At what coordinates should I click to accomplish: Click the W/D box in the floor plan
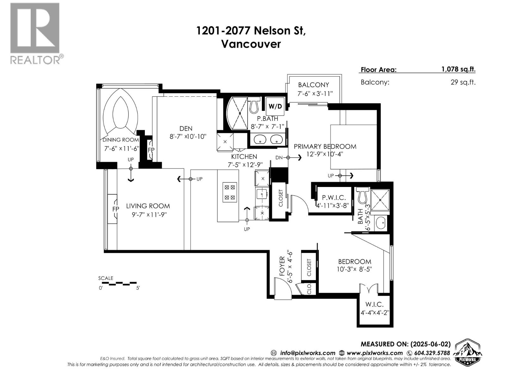(x=275, y=106)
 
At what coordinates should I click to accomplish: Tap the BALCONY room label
(x=313, y=85)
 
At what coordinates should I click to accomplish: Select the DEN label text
(x=186, y=128)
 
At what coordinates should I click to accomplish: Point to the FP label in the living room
(x=116, y=209)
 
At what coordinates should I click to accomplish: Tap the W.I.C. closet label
(x=374, y=304)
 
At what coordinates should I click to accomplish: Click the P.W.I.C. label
(x=334, y=198)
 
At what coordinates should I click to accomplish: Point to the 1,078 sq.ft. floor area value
(x=458, y=69)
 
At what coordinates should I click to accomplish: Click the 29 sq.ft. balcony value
(x=463, y=82)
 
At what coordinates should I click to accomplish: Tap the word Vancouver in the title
(x=250, y=44)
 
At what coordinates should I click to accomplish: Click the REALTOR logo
(x=35, y=33)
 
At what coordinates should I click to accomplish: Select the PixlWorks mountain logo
(x=468, y=353)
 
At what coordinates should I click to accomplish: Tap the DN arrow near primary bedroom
(x=288, y=158)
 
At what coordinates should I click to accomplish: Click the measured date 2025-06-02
(x=430, y=344)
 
